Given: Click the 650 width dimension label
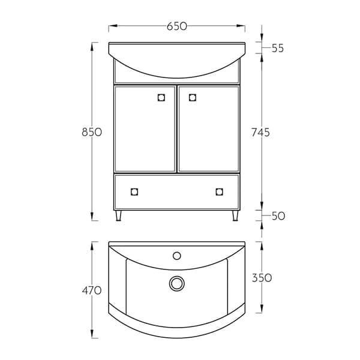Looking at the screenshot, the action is [x=177, y=26].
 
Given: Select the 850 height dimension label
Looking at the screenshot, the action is [x=92, y=132].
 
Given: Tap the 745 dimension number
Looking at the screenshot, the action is [x=260, y=133].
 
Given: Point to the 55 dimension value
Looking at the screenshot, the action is [x=278, y=48].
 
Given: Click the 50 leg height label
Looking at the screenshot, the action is [x=278, y=216].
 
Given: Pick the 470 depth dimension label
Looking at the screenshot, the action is [x=92, y=291].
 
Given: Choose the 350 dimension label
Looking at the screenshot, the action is [x=262, y=278].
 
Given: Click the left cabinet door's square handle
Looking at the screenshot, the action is [x=161, y=98].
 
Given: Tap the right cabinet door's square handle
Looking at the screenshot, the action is [x=193, y=98].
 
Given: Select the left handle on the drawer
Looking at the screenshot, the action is [x=134, y=192].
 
